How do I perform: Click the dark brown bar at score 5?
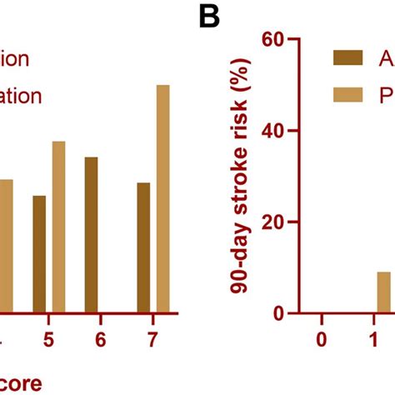coord(39,254)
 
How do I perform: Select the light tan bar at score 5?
coord(58,227)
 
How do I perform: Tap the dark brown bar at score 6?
coord(91,235)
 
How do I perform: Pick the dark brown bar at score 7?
coord(143,247)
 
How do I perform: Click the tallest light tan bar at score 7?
coord(162,199)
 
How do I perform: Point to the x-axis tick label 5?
coord(48,341)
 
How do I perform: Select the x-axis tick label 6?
coord(100,341)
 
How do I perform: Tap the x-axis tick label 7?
coord(152,341)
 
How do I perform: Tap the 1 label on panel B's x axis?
coord(374,341)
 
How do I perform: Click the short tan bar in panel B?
coord(383,292)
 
